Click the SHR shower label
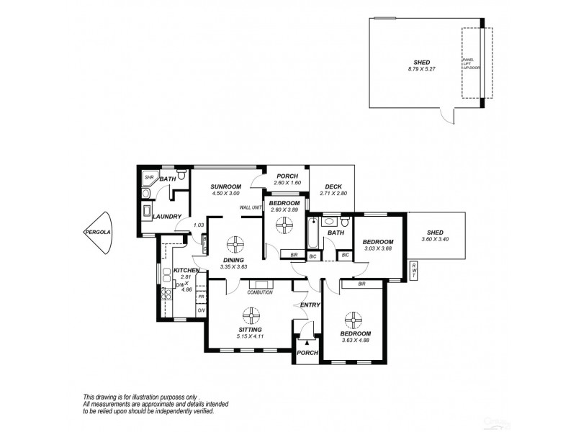[150, 177]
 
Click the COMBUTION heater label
[259, 292]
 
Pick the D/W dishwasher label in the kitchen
[179, 285]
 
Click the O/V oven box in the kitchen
[201, 310]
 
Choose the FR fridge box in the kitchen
[201, 296]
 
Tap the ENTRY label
[310, 306]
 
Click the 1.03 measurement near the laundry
[199, 225]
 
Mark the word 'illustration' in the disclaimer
[153, 397]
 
